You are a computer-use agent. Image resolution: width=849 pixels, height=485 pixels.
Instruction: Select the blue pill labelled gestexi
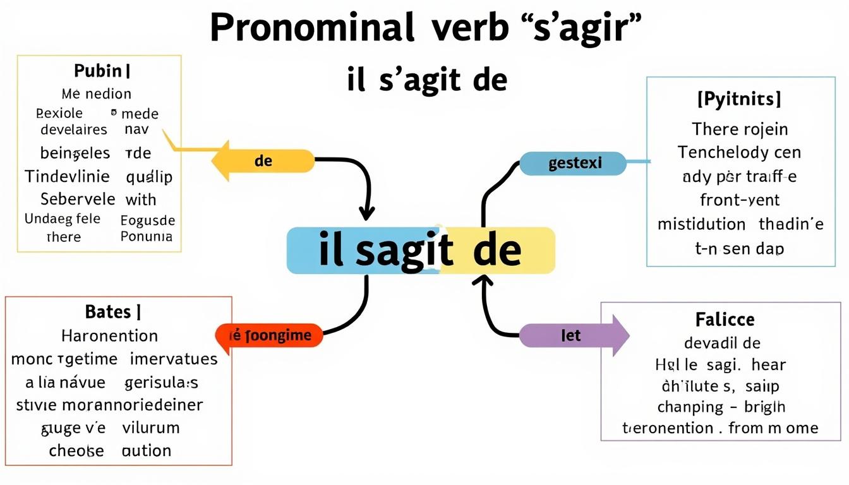574,164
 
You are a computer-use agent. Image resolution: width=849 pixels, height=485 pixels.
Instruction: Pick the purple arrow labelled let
572,335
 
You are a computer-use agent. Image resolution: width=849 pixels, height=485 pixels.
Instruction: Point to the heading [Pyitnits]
740,99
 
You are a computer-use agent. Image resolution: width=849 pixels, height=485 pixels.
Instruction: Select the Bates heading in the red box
109,311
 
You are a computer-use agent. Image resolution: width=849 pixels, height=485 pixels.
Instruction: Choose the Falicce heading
725,320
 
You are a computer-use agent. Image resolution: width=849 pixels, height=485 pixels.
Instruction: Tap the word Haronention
109,335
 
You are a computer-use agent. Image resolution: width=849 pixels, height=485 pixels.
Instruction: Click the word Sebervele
78,200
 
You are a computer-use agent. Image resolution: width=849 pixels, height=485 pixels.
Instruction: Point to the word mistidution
701,224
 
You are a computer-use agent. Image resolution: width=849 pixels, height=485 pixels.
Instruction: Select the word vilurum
152,428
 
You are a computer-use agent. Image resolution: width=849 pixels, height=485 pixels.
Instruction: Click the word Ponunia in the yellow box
146,237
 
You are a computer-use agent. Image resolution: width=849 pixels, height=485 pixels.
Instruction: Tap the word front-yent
740,200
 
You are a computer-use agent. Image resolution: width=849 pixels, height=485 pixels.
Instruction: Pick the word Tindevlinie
67,176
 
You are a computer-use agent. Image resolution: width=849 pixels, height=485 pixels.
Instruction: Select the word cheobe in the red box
76,451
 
